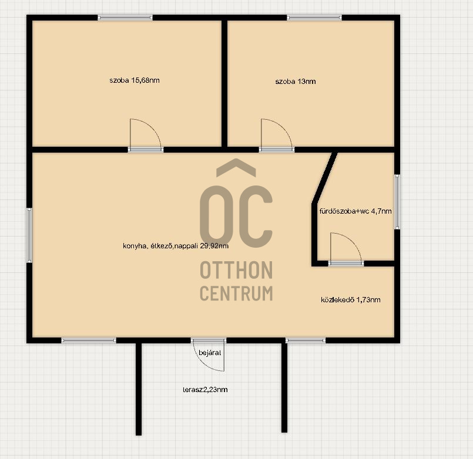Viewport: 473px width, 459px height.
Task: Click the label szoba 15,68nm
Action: click(x=134, y=80)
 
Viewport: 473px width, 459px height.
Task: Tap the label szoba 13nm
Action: click(x=296, y=82)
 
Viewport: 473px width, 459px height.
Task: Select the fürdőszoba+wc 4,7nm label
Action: click(x=355, y=211)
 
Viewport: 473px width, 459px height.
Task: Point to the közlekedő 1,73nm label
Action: click(x=351, y=300)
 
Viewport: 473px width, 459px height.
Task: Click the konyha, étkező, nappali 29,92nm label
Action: click(x=176, y=246)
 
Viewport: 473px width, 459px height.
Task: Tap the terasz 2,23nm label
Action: click(x=205, y=390)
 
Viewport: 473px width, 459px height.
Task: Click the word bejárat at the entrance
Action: click(x=210, y=353)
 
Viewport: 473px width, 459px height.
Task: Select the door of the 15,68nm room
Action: click(x=145, y=134)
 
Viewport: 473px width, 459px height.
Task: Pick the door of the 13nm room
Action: click(x=276, y=134)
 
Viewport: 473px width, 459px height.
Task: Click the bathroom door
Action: click(x=345, y=249)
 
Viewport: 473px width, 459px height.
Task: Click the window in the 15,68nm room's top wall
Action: click(x=125, y=18)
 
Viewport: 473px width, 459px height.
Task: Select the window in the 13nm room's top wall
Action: click(x=314, y=18)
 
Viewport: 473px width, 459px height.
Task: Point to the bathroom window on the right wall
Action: click(x=397, y=202)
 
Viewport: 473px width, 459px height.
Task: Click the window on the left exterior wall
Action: click(x=29, y=235)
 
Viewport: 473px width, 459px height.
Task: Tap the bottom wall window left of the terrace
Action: click(x=89, y=340)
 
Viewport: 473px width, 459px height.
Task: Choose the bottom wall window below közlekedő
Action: click(x=306, y=340)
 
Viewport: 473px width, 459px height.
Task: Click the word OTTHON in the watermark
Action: click(x=236, y=270)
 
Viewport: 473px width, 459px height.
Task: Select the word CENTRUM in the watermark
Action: click(x=236, y=293)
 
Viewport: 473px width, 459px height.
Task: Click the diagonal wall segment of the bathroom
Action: click(x=324, y=177)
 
